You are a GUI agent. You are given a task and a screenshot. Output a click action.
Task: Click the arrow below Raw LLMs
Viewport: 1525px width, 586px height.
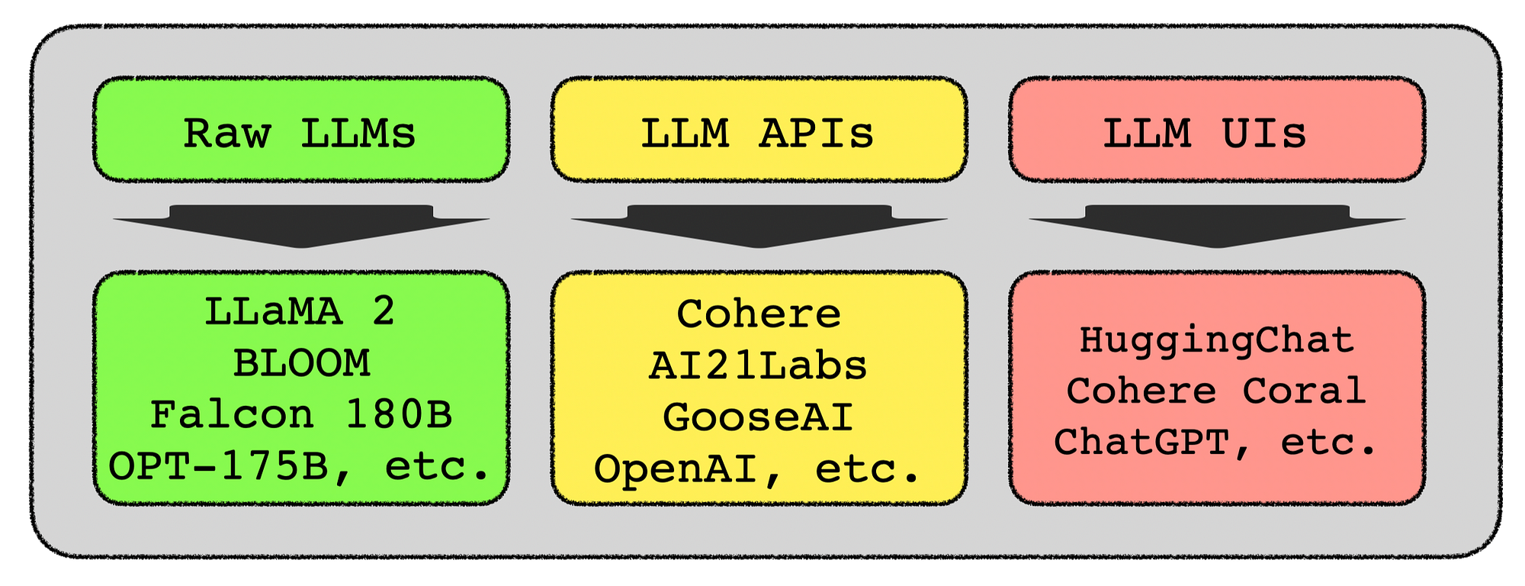point(301,226)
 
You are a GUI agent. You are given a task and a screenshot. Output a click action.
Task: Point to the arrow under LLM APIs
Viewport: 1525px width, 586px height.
point(759,226)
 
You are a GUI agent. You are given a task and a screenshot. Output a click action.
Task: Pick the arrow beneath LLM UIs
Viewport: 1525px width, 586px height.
point(1217,226)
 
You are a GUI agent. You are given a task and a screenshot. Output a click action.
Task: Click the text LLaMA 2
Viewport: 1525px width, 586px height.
point(300,312)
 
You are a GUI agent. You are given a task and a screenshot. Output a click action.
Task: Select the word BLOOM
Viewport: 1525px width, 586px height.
point(301,364)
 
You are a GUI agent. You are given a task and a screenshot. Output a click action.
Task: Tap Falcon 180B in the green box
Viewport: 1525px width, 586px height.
point(301,416)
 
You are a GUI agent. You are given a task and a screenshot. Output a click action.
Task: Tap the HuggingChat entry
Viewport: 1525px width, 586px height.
point(1217,340)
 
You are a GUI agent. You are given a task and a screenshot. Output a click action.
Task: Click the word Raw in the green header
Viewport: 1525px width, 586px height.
point(227,134)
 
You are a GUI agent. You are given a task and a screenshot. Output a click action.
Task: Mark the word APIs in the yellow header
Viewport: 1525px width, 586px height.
point(816,134)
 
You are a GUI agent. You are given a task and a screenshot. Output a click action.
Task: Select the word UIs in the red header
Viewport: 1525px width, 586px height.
point(1264,134)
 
